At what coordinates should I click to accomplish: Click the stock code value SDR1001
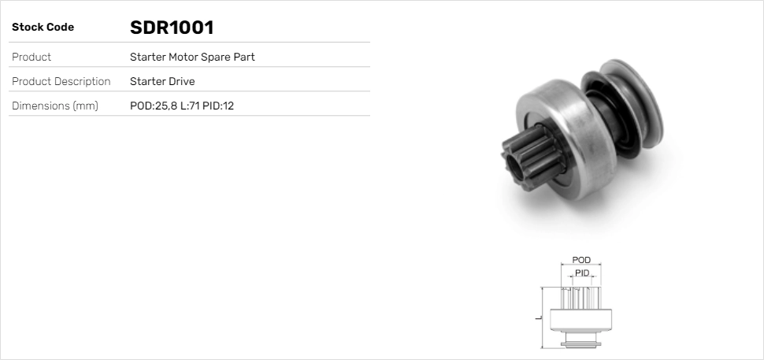(x=172, y=28)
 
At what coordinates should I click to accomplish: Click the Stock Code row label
(x=43, y=28)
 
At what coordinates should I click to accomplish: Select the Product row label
(x=32, y=58)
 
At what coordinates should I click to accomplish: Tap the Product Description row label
(x=61, y=82)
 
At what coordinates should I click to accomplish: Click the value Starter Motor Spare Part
(x=192, y=58)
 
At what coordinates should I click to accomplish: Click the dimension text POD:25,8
(x=153, y=106)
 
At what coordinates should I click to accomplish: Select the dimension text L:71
(x=190, y=106)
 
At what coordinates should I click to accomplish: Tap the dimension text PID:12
(x=219, y=106)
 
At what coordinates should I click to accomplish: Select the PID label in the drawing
(x=582, y=273)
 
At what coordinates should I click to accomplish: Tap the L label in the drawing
(x=537, y=317)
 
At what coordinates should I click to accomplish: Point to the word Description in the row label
(x=82, y=82)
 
